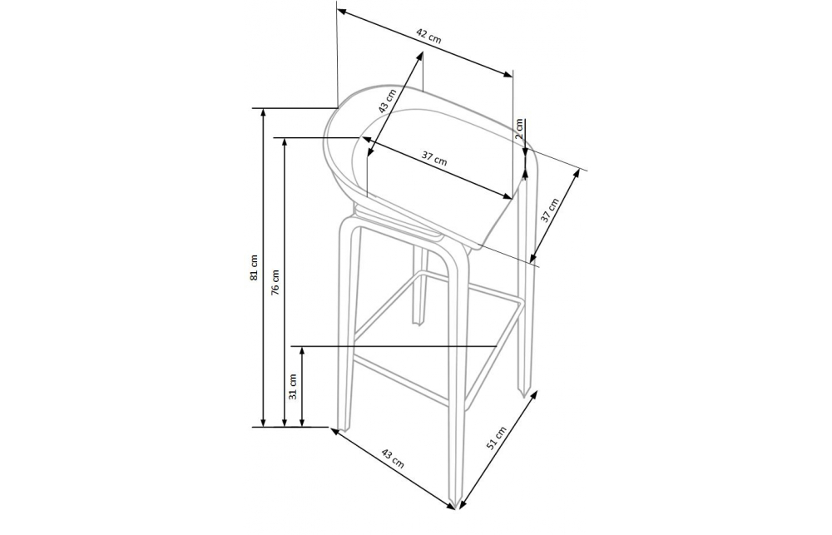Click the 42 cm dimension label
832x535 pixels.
(x=428, y=36)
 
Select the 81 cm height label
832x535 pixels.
(x=254, y=267)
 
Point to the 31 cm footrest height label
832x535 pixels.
(x=292, y=386)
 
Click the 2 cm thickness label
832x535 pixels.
(x=519, y=128)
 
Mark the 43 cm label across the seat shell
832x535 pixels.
(x=388, y=102)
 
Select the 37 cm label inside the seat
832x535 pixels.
(x=434, y=157)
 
